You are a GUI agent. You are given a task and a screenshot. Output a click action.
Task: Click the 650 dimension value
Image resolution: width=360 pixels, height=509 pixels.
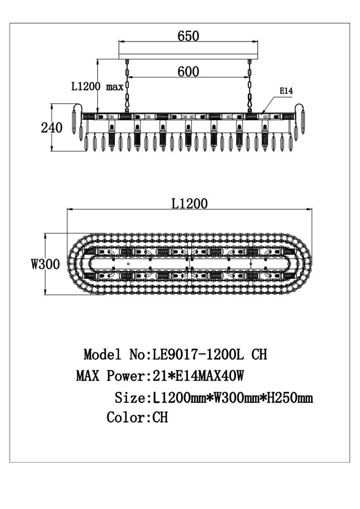click(188, 36)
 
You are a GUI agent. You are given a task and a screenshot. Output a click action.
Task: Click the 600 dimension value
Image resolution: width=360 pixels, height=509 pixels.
click(188, 71)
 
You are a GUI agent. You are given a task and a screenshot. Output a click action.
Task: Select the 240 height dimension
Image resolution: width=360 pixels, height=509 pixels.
click(52, 128)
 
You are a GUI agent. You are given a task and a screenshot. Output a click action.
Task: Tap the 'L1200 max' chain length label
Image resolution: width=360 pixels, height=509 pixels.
click(98, 87)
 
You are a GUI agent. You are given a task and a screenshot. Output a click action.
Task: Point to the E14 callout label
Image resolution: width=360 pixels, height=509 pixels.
click(286, 91)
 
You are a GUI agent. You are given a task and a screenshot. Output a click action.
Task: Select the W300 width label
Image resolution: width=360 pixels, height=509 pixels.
click(46, 264)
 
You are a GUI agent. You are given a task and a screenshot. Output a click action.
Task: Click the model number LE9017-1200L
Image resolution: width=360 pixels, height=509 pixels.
click(197, 354)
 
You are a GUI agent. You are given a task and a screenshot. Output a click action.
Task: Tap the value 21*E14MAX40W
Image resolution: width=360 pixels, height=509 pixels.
click(196, 376)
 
